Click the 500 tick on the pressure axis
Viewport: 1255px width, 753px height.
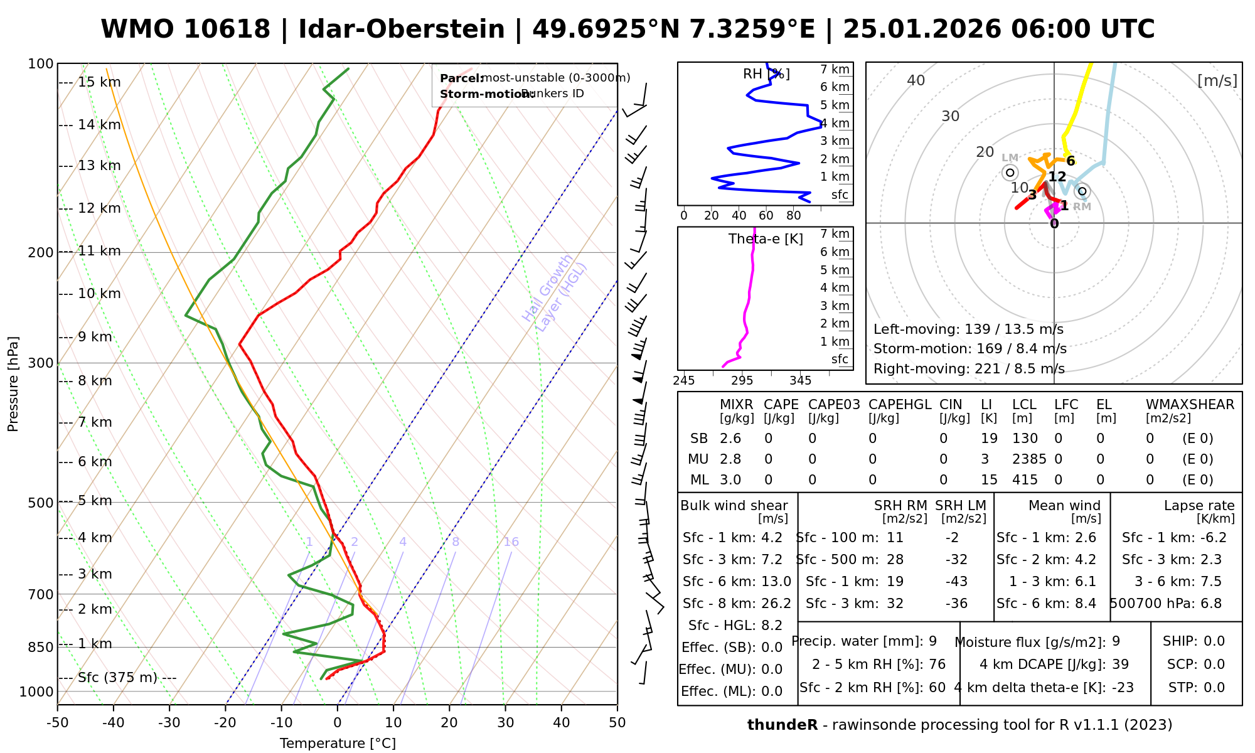tap(41, 503)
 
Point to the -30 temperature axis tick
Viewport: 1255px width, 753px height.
tap(169, 723)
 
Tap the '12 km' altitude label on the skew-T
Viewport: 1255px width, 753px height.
tap(99, 208)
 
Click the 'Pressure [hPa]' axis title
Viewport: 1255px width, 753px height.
tap(13, 384)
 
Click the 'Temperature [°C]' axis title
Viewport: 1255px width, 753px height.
tap(338, 744)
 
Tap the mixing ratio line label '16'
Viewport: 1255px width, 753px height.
tap(511, 542)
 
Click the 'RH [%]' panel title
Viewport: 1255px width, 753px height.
tap(766, 74)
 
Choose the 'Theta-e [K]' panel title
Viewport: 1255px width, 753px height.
tap(766, 239)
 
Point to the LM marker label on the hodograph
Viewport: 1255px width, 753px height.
tap(1010, 158)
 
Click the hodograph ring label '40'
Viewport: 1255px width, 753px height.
tap(916, 80)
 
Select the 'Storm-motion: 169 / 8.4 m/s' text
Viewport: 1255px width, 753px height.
tap(969, 349)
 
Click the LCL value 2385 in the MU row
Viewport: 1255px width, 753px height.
tap(1029, 459)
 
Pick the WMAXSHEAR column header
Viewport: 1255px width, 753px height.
tap(1190, 405)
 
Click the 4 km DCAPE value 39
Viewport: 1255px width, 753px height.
tap(1120, 665)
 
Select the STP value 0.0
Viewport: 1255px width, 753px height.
tap(1214, 688)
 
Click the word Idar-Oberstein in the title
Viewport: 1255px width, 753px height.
tap(402, 29)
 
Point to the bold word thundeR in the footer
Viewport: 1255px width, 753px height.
tap(782, 725)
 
